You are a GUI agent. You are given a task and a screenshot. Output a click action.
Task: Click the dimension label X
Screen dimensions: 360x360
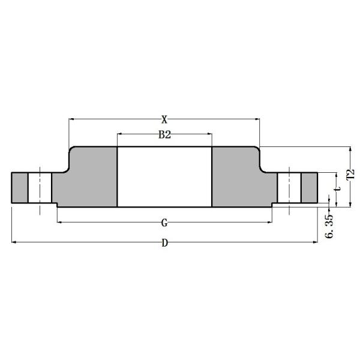pyautogui.click(x=164, y=119)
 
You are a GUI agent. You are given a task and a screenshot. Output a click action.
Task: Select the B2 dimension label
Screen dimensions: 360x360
pyautogui.click(x=164, y=136)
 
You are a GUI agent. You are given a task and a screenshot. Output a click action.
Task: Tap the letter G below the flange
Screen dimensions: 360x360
pyautogui.click(x=164, y=223)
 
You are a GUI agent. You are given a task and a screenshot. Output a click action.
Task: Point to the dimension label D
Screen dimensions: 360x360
pyautogui.click(x=164, y=243)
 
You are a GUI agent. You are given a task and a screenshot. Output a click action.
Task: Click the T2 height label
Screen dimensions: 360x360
pyautogui.click(x=351, y=176)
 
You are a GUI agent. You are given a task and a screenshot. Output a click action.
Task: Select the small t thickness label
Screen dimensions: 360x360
pyautogui.click(x=338, y=189)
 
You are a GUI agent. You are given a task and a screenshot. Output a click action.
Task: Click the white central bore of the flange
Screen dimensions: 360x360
pyautogui.click(x=164, y=176)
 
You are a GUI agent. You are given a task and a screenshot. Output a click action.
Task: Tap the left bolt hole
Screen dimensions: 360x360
pyautogui.click(x=40, y=188)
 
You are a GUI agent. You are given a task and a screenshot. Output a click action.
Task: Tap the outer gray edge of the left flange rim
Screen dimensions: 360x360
pyautogui.click(x=19, y=188)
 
